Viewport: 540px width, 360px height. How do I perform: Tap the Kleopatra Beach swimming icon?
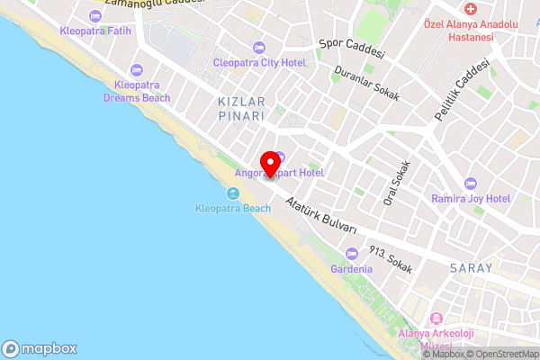233,194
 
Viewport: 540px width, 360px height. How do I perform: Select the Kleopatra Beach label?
233,209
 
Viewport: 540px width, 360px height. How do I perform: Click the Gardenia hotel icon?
351,254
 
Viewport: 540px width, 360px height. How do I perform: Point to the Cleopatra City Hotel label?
259,62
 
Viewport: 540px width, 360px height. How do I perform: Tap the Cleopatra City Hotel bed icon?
259,47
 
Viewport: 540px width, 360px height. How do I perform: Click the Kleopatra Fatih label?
95,31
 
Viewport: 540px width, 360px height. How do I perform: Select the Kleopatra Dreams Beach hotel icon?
137,70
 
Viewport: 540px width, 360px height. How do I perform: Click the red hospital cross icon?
470,7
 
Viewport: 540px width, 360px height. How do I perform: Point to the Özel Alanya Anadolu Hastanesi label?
459,31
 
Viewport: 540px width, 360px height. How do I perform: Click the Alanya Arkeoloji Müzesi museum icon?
436,319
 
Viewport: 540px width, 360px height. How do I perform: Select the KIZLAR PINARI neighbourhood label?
240,109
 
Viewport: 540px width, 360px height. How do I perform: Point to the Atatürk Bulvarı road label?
321,217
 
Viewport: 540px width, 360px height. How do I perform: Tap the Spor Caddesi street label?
352,48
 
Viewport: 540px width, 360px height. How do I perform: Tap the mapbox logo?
40,348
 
